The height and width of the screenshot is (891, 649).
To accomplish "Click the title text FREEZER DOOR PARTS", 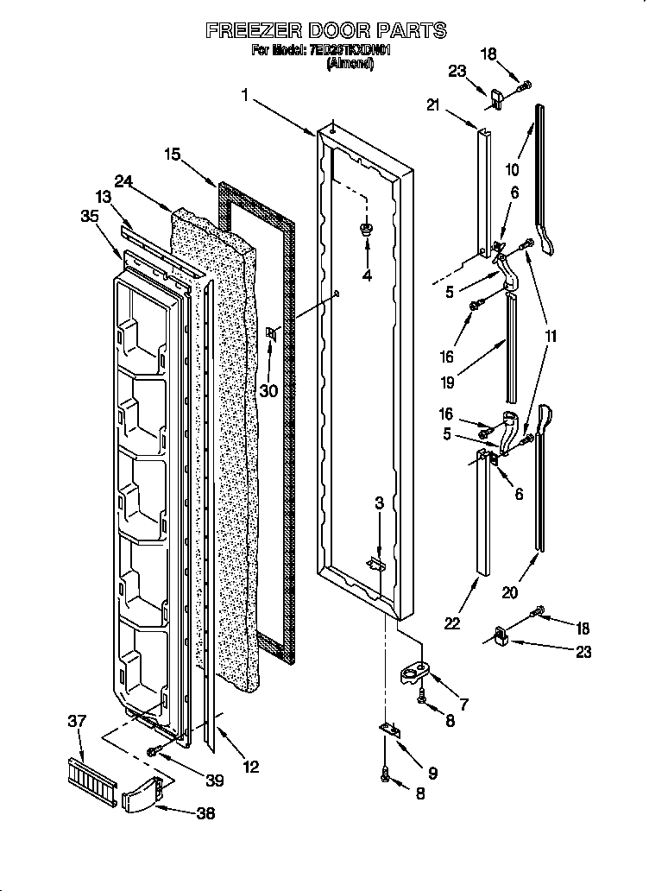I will point(325,30).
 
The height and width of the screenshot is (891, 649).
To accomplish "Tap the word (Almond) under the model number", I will point(350,64).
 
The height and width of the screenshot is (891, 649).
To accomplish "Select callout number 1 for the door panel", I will point(245,97).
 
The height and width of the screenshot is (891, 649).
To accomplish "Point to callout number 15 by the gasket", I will point(173,155).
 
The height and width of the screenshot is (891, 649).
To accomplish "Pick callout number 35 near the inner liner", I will point(89,218).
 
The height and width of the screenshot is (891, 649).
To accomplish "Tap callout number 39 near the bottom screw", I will point(214,780).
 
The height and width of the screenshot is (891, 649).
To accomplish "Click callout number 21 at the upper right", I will point(433,105).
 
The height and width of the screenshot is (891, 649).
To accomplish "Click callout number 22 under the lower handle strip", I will point(452,624).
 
